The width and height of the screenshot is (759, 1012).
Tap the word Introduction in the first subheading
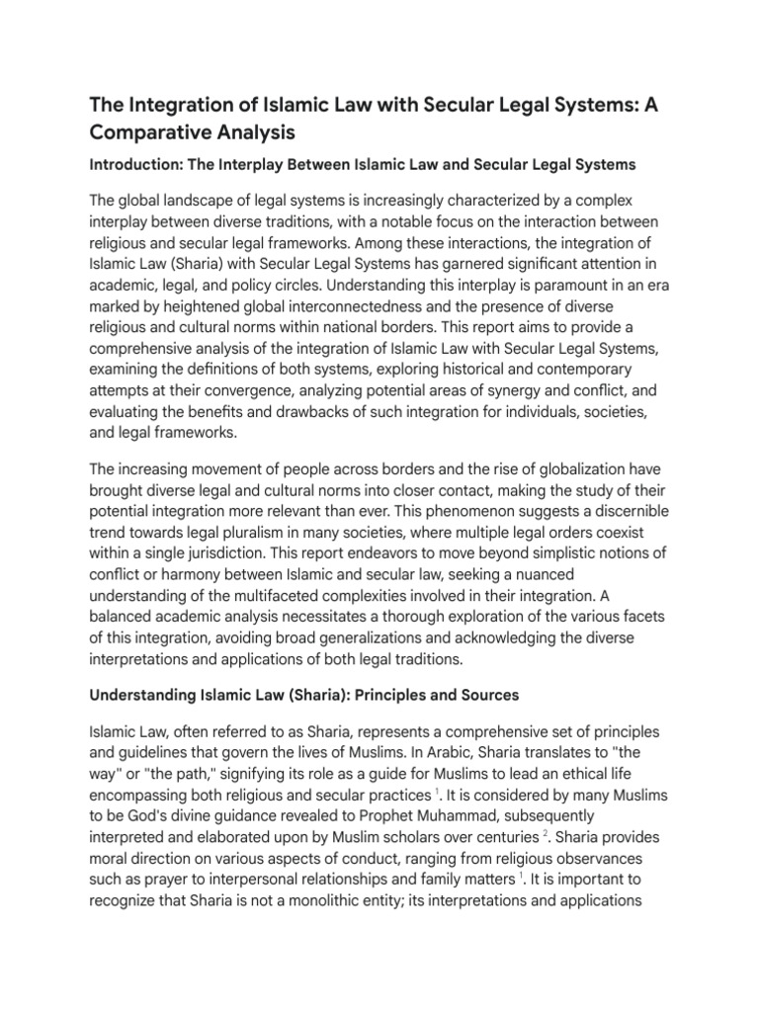click(135, 163)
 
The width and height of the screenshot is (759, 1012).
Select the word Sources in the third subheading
click(484, 696)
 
